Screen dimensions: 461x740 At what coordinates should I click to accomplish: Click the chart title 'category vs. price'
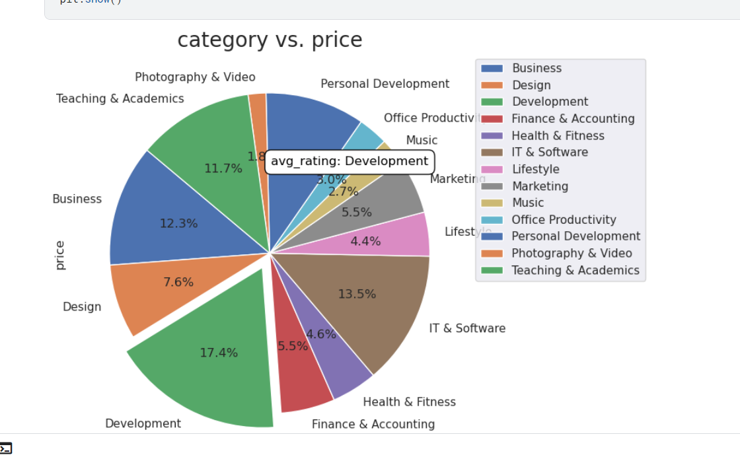pyautogui.click(x=270, y=40)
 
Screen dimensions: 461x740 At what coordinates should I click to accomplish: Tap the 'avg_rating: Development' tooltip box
pyautogui.click(x=350, y=162)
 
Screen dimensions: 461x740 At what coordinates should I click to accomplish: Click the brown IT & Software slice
pyautogui.click(x=370, y=304)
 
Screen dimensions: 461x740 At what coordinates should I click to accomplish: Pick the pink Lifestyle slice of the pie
pyautogui.click(x=396, y=238)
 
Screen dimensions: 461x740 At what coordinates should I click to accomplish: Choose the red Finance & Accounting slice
pyautogui.click(x=301, y=376)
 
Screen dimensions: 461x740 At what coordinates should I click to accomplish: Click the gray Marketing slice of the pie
pyautogui.click(x=390, y=198)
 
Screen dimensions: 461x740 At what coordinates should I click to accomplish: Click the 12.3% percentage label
pyautogui.click(x=178, y=224)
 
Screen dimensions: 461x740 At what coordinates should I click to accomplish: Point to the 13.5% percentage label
pyautogui.click(x=357, y=294)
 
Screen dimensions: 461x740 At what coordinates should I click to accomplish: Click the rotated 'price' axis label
pyautogui.click(x=59, y=255)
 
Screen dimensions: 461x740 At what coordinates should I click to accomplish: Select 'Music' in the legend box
pyautogui.click(x=528, y=203)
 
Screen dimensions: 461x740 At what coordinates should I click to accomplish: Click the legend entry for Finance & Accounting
pyautogui.click(x=572, y=119)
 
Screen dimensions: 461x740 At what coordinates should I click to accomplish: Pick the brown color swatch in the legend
pyautogui.click(x=492, y=153)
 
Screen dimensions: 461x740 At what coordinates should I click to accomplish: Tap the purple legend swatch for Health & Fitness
pyautogui.click(x=492, y=135)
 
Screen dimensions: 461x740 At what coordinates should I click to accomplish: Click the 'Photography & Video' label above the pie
pyautogui.click(x=195, y=77)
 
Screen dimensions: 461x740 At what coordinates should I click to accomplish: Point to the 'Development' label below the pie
pyautogui.click(x=143, y=423)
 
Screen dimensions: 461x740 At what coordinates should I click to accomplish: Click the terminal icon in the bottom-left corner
pyautogui.click(x=6, y=448)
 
